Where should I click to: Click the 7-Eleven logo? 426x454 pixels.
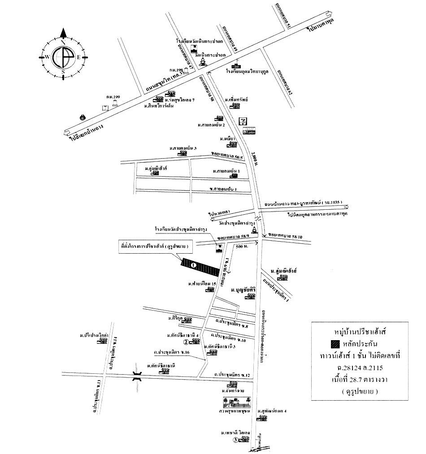click(243, 121)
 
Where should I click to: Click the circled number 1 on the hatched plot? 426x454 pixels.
click(193, 265)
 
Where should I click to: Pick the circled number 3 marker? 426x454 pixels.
click(236, 440)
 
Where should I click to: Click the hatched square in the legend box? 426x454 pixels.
click(335, 345)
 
